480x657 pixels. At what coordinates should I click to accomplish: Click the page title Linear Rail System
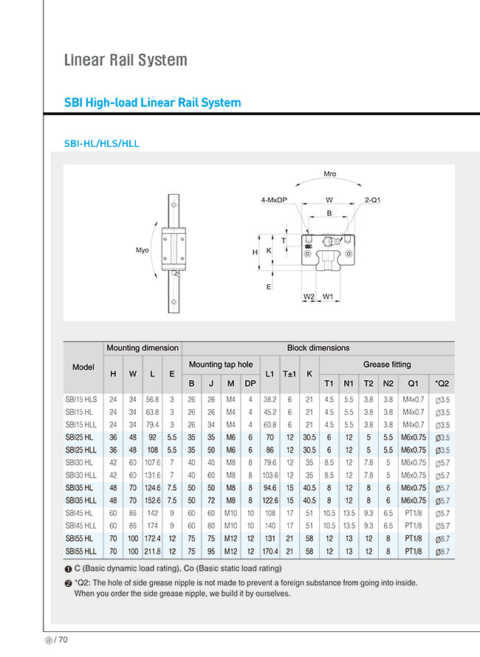126,60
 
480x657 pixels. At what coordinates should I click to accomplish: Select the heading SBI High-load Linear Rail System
153,103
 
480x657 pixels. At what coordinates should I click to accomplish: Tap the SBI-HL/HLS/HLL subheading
102,144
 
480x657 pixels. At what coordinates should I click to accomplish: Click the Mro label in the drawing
329,174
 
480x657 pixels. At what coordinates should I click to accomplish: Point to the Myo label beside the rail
142,250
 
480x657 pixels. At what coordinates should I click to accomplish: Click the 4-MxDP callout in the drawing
274,200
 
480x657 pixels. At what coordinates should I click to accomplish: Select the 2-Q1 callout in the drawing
372,200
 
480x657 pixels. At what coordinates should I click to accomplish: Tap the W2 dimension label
309,297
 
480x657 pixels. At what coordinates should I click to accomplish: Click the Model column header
83,367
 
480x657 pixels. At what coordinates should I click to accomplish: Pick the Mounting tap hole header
221,365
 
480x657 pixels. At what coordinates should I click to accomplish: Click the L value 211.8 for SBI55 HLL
152,551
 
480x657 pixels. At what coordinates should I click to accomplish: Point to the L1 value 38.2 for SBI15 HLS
270,399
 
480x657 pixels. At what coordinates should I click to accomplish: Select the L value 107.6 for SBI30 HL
152,463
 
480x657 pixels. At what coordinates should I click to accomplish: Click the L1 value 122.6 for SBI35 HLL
270,501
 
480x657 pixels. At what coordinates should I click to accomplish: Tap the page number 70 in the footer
63,640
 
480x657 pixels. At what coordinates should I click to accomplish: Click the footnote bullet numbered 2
68,583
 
